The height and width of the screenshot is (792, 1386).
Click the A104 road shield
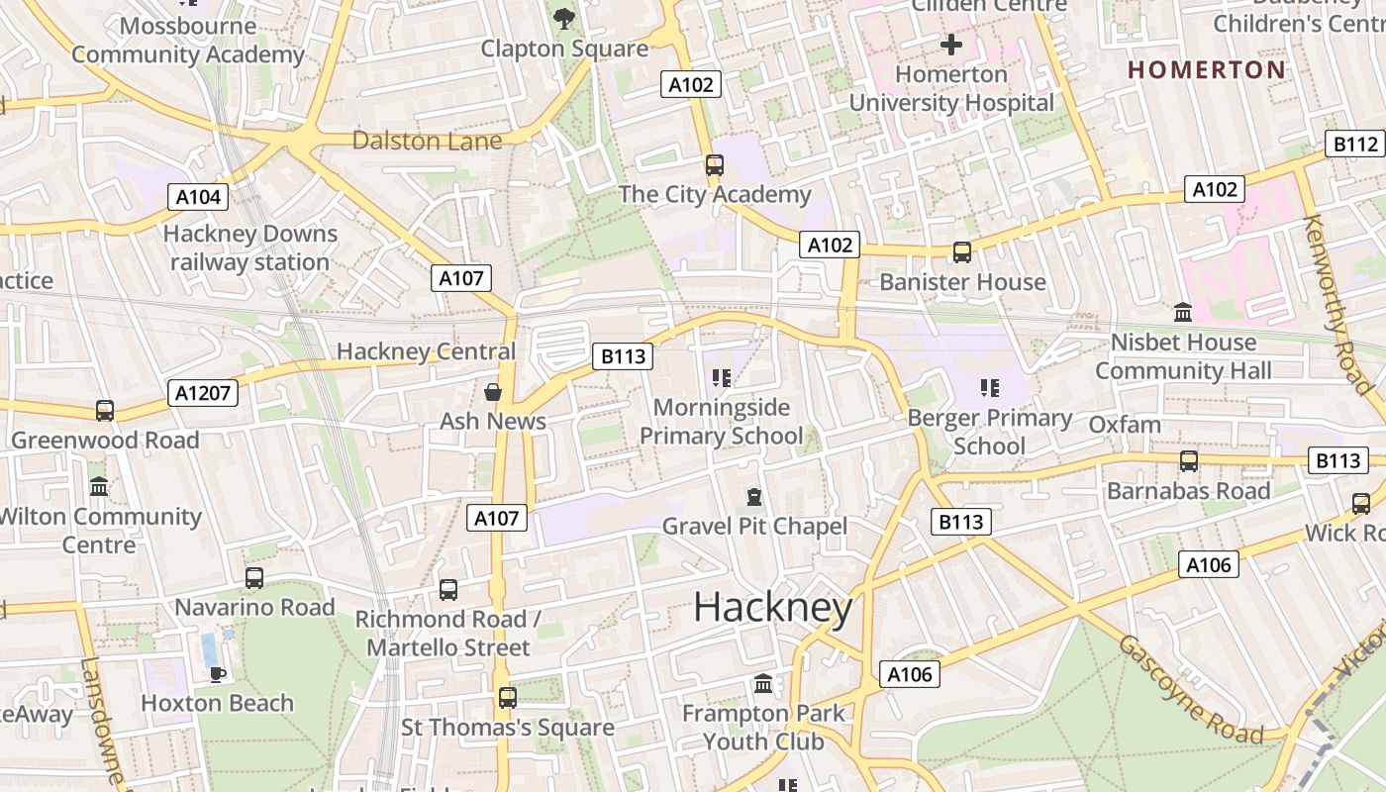click(x=198, y=197)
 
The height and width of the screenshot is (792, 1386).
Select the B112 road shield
click(x=1354, y=145)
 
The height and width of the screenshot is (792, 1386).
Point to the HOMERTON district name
click(x=1207, y=69)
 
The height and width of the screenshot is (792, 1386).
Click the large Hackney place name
click(x=772, y=607)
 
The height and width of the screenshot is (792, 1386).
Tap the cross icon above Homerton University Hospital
click(x=951, y=45)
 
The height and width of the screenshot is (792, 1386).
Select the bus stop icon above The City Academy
click(x=714, y=165)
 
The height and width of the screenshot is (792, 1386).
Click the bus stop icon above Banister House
click(x=961, y=252)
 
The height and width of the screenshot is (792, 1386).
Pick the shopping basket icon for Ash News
click(x=492, y=393)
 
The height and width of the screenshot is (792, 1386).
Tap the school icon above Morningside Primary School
click(x=721, y=378)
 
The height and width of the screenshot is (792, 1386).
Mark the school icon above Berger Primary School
click(x=989, y=388)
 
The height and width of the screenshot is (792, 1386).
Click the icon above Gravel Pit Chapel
click(x=754, y=496)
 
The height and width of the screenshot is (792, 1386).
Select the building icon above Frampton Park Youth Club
click(x=762, y=683)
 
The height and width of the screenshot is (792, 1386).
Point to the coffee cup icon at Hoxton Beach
click(x=217, y=674)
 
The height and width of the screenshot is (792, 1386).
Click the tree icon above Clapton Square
click(x=564, y=18)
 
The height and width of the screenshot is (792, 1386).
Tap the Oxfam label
click(x=1124, y=425)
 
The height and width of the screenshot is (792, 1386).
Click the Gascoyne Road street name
click(x=1191, y=689)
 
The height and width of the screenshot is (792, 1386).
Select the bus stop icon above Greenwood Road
click(x=104, y=410)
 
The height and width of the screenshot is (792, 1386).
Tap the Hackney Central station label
click(x=426, y=351)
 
